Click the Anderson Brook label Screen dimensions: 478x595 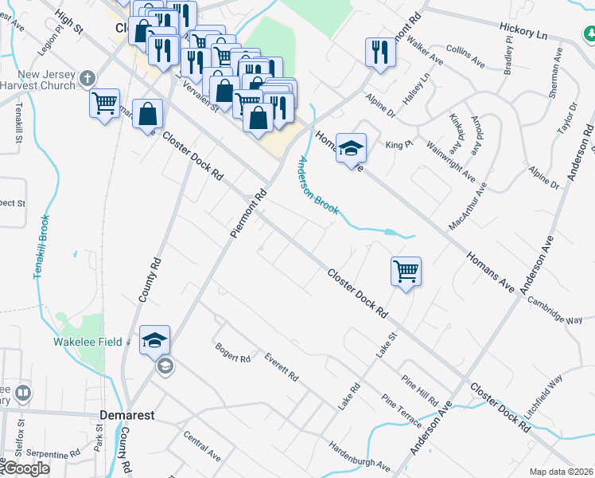(318, 185)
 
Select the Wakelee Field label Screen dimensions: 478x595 (87, 342)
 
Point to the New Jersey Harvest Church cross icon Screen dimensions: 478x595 (87, 78)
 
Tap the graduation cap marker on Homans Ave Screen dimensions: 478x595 (351, 148)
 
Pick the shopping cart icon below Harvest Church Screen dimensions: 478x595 (104, 103)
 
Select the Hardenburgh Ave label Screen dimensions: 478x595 (360, 456)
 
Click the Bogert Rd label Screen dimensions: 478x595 (233, 352)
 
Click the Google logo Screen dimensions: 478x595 (25, 468)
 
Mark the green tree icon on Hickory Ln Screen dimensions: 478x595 (589, 34)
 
